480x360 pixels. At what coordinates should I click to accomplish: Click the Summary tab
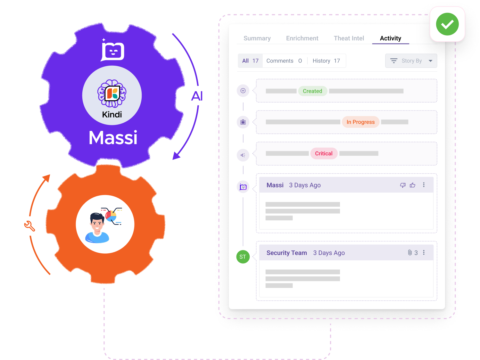tap(257, 38)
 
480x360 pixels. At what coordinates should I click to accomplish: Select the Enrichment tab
tap(302, 38)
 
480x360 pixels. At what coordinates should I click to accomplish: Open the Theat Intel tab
tap(349, 38)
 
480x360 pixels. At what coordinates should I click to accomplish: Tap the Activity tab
tap(390, 38)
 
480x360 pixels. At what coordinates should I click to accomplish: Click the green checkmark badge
tap(447, 24)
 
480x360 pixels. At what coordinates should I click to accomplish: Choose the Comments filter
tap(284, 61)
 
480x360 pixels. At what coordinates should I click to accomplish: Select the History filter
tap(326, 61)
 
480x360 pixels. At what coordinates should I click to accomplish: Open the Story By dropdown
tap(411, 61)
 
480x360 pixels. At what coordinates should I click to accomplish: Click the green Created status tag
tap(312, 91)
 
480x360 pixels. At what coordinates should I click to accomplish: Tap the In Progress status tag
tap(360, 122)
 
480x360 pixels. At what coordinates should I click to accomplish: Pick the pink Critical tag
tap(324, 153)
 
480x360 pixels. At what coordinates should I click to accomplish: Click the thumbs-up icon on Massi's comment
tap(412, 185)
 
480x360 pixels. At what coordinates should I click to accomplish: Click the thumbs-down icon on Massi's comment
tap(403, 185)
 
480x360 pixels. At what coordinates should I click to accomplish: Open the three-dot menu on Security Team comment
tap(424, 253)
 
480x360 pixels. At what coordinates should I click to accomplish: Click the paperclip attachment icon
tap(410, 253)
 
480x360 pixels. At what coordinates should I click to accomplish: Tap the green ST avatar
tap(243, 257)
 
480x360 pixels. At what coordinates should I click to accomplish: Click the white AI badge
tap(197, 96)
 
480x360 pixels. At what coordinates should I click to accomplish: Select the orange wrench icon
tap(29, 226)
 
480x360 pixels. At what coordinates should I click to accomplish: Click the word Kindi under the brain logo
tap(112, 115)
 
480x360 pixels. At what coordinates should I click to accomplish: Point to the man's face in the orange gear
tap(97, 223)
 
